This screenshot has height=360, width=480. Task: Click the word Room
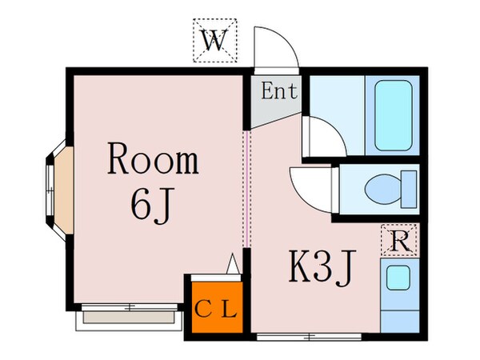coord(153,161)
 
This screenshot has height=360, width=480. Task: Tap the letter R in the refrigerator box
coord(398,238)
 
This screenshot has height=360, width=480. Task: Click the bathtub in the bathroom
coord(392,114)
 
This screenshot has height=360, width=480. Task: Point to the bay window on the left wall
coord(58,185)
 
